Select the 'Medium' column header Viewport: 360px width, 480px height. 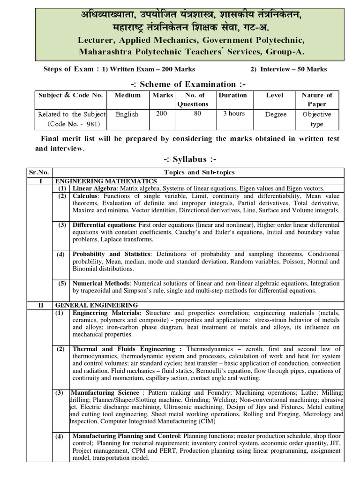tap(127, 95)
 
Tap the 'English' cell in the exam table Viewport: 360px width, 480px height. tap(127, 114)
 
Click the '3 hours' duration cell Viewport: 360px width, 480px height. tap(233, 113)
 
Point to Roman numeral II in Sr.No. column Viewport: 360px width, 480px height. tap(41, 305)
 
